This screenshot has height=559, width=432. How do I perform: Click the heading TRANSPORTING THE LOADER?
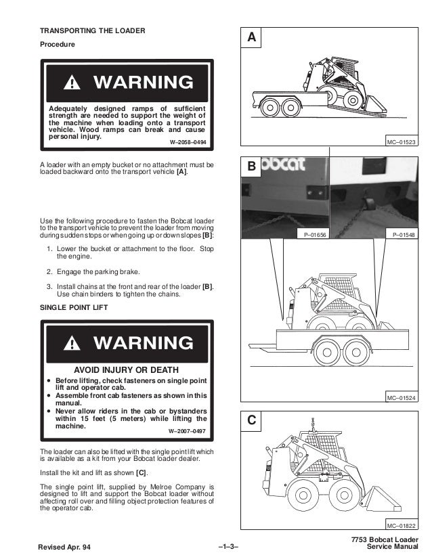pyautogui.click(x=92, y=32)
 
